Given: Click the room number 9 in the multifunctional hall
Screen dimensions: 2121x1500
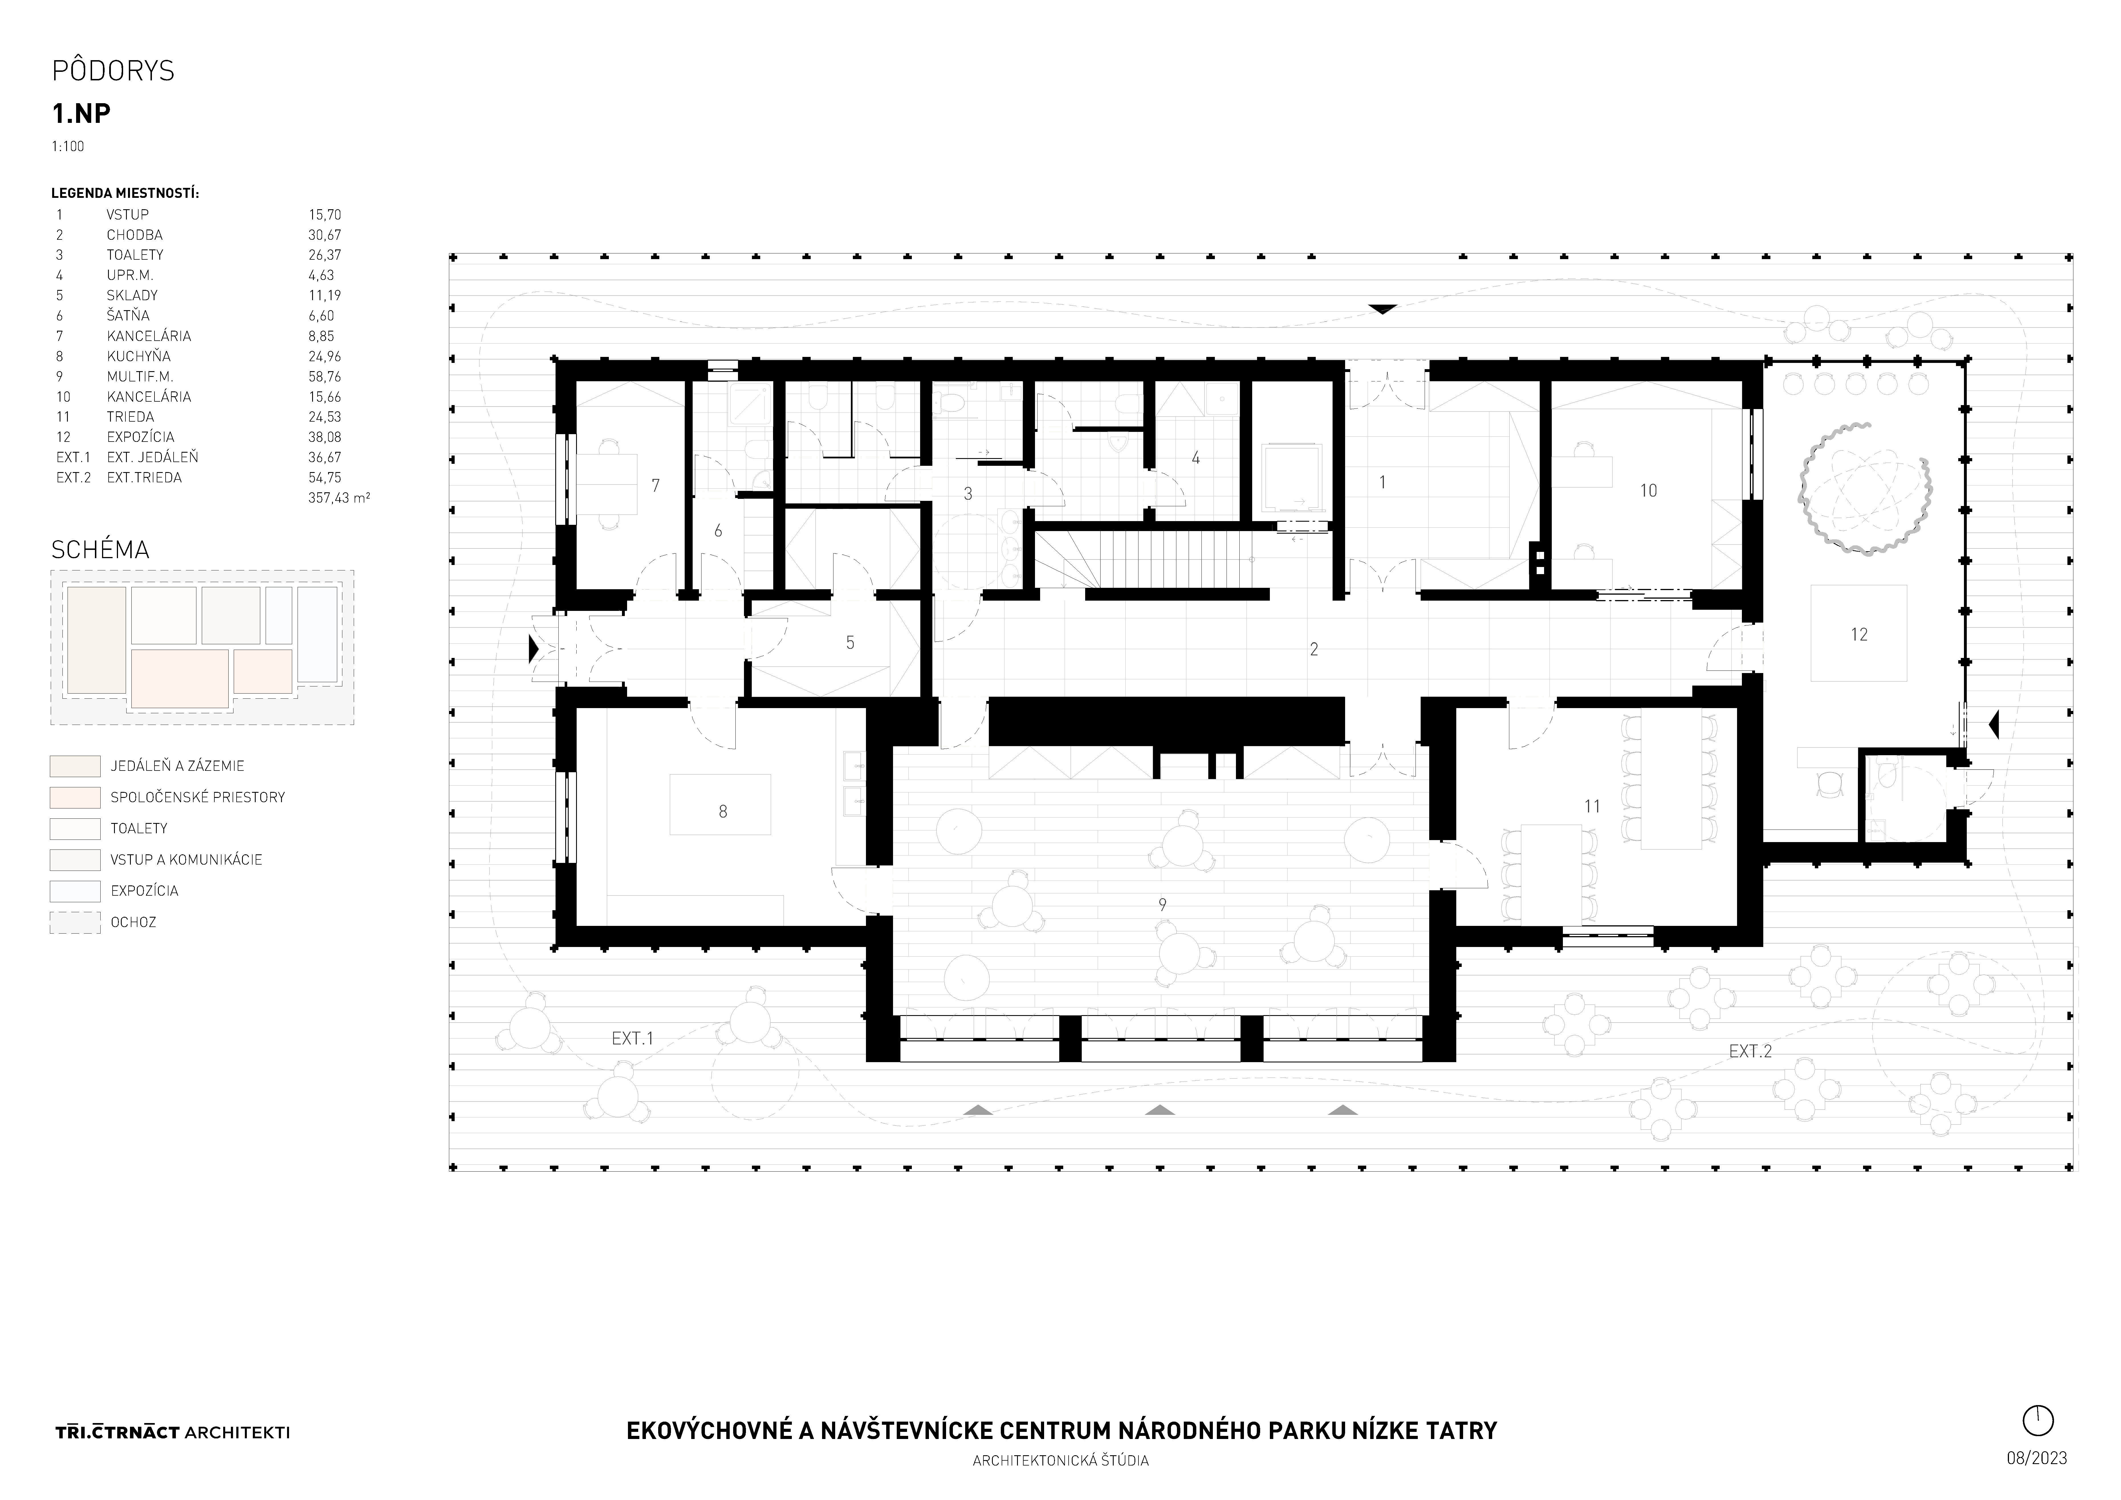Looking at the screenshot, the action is coord(1162,905).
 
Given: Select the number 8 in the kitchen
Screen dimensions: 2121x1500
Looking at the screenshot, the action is coord(722,811).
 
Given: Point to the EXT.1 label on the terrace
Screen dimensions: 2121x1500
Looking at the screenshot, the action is coord(633,1038).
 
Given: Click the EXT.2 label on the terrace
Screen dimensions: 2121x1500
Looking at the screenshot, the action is coord(1750,1051).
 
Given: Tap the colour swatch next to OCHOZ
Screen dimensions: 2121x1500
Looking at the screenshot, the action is coord(75,922).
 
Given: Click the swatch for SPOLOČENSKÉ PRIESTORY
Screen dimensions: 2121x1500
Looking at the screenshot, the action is coord(75,797).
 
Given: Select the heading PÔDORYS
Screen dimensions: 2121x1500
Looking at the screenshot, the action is coord(113,71).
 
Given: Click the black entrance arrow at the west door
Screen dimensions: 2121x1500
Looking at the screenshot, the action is coord(533,649).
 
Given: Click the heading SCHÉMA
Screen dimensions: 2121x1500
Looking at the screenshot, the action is coord(100,550).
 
